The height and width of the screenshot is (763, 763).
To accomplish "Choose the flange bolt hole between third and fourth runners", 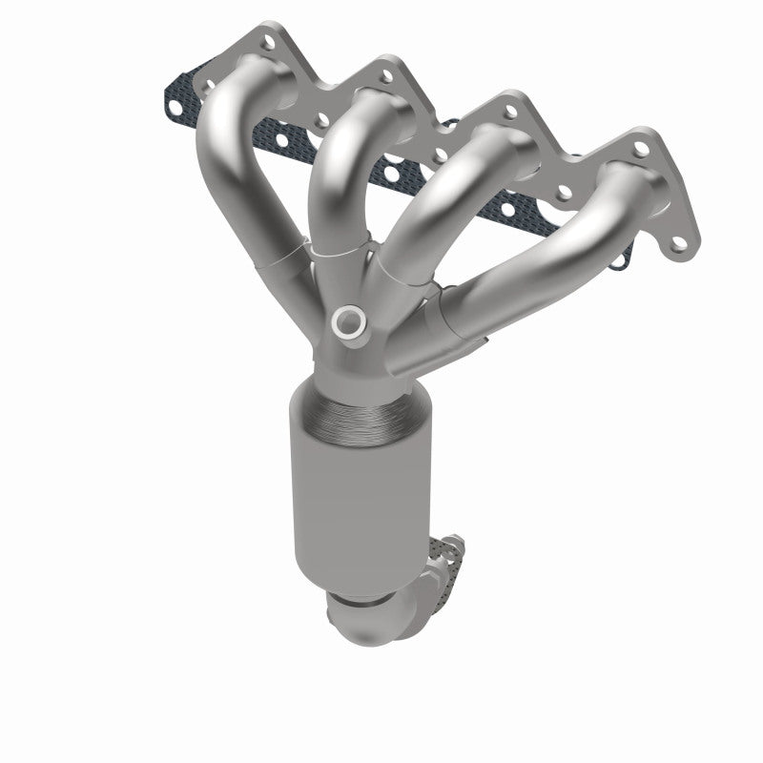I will tap(563, 191).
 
